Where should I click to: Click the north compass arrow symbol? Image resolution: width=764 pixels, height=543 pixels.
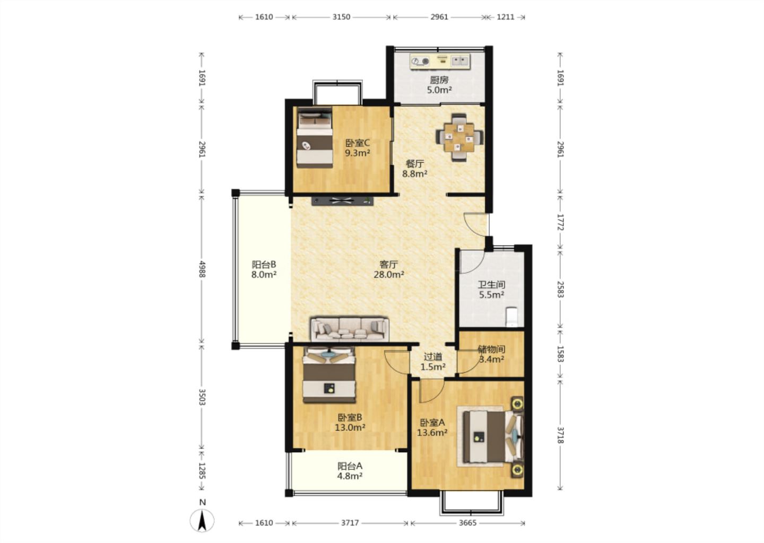pos(202,520)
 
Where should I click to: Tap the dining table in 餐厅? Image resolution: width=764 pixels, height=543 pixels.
pos(459,138)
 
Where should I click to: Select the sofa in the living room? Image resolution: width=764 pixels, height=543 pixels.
pos(350,329)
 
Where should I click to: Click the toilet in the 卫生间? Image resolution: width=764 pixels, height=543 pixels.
pos(511,317)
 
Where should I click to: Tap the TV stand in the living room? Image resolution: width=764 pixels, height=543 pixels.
pos(342,201)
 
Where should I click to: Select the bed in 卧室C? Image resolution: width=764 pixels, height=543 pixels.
pos(315,138)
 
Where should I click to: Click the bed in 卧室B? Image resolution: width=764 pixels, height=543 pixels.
pos(329,374)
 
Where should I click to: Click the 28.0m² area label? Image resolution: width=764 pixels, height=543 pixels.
pos(389,275)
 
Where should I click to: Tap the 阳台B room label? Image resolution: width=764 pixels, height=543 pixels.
pos(264,265)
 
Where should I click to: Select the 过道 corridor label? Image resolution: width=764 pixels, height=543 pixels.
pos(433,357)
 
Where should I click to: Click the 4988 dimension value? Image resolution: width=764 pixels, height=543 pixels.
pos(202,269)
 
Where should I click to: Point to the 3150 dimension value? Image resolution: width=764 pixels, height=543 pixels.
pos(341,17)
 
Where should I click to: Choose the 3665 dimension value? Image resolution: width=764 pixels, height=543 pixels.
pos(467,523)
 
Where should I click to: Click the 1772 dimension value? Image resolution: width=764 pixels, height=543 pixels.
pos(560,222)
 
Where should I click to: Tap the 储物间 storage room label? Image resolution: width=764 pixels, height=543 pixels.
pos(491,349)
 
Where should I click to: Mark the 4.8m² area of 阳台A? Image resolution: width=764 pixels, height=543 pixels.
pos(350,476)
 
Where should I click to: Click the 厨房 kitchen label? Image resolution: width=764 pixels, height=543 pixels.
pos(439,80)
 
